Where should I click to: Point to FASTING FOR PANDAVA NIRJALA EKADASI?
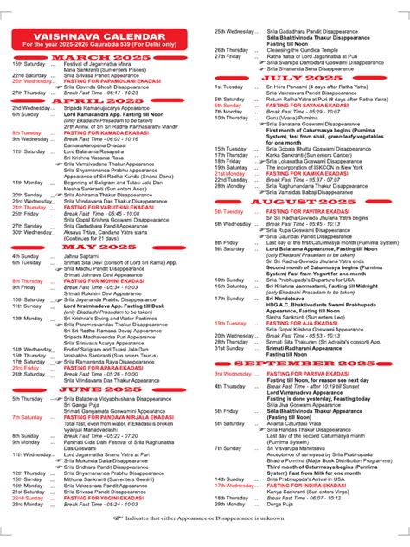(117, 417)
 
